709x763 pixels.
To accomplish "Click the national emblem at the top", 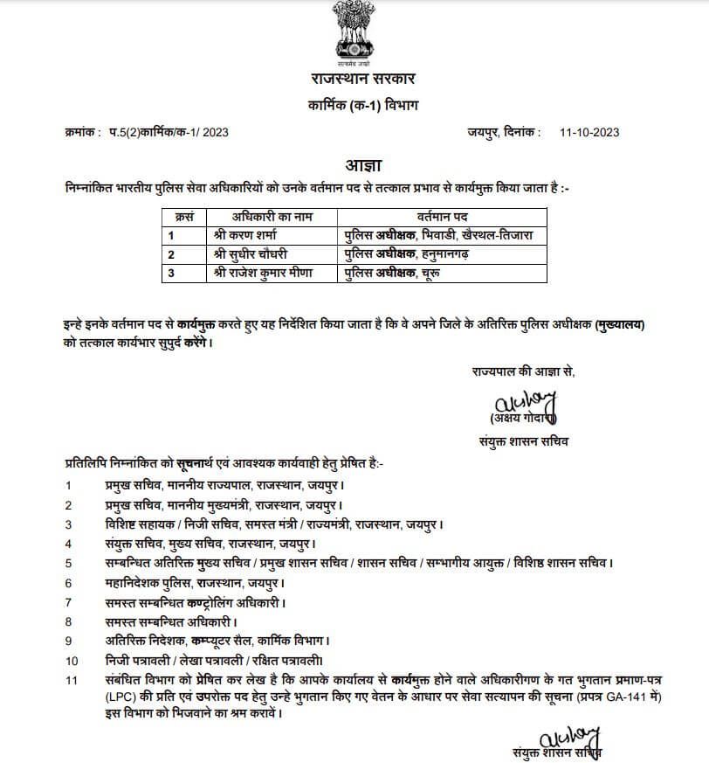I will tap(354, 34).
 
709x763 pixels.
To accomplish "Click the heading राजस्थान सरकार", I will tap(354, 80).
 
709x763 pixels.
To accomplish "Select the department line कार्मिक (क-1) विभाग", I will tap(354, 106).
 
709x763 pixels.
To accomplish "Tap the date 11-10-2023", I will tap(590, 132).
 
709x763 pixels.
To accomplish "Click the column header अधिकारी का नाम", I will tap(272, 215).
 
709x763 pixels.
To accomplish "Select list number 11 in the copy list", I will tap(72, 679).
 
